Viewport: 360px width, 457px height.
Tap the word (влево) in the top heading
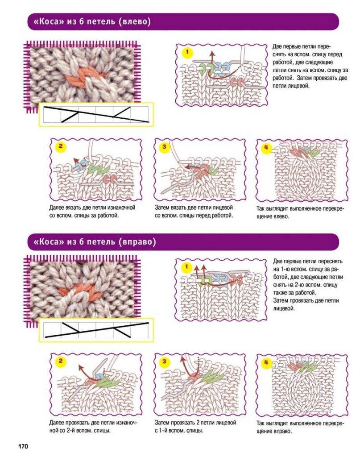point(135,21)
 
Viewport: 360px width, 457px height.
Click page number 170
point(23,446)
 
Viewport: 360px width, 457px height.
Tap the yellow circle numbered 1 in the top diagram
point(187,53)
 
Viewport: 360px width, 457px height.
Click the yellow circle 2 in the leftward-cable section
point(61,146)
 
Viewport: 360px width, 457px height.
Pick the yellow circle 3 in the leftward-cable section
point(164,146)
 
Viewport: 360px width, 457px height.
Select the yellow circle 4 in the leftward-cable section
point(266,147)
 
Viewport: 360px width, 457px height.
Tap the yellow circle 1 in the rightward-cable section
point(186,266)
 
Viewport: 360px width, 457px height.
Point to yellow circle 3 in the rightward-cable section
point(164,361)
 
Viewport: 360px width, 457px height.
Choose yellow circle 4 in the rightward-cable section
point(266,362)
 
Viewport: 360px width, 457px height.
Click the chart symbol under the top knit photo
point(96,114)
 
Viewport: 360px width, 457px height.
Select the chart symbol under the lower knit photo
point(96,330)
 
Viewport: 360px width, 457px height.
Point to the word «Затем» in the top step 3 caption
point(161,208)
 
